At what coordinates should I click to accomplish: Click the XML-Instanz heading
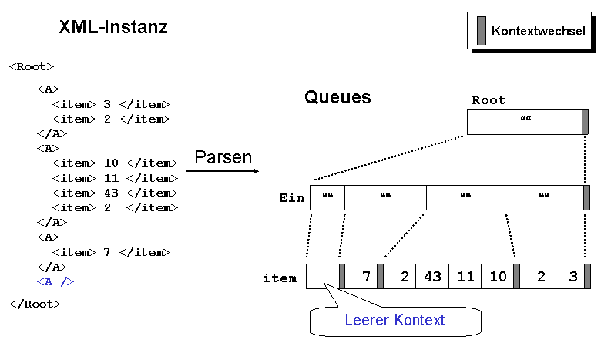tap(113, 27)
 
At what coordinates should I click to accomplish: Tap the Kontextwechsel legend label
tap(538, 31)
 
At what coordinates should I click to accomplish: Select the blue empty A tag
tap(55, 281)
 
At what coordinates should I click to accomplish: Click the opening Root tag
tap(32, 67)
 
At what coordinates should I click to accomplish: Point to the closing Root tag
tap(35, 304)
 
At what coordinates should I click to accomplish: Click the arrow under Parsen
tap(222, 171)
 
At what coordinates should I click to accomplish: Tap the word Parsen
tap(223, 157)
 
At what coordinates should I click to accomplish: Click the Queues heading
tap(337, 97)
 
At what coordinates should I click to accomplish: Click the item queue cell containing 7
tap(361, 277)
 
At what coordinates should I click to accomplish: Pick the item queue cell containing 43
tap(432, 277)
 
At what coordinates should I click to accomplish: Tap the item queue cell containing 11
tap(465, 277)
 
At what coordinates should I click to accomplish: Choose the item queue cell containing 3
tap(568, 277)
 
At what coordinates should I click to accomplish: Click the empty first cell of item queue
tap(323, 277)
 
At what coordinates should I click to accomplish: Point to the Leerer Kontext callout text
tap(394, 320)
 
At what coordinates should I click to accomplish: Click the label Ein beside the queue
tap(291, 198)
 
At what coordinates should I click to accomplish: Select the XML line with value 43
tap(115, 193)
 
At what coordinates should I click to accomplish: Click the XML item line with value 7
tap(111, 252)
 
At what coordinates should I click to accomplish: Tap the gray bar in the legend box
tap(482, 30)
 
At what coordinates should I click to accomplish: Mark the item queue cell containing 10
tap(497, 277)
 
